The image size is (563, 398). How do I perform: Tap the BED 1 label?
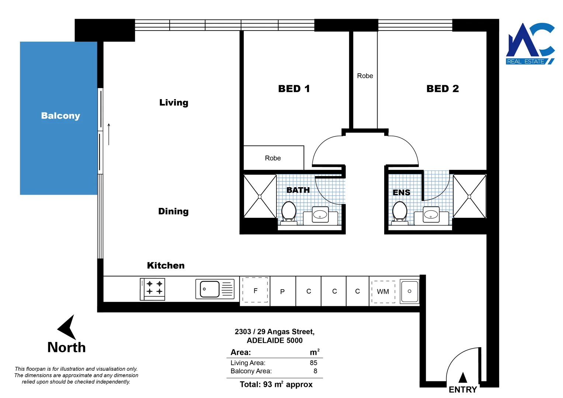tap(294, 89)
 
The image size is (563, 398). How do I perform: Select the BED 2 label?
tap(442, 89)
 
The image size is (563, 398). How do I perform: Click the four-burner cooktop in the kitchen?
tap(153, 289)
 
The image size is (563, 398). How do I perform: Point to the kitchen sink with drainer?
tap(215, 289)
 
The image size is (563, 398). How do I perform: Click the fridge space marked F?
tap(255, 290)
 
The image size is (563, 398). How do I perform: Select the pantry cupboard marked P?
tap(282, 291)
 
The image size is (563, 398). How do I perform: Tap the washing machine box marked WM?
tap(383, 291)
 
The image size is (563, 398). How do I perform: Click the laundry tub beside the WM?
tap(409, 291)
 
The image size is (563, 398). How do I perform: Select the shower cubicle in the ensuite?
tap(469, 196)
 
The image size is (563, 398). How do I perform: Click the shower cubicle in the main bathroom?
tap(260, 196)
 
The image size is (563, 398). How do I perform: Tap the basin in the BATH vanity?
tap(320, 214)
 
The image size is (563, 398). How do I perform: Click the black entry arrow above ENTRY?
tap(463, 378)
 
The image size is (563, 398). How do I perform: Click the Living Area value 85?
tap(313, 363)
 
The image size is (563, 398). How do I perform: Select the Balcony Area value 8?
tap(315, 371)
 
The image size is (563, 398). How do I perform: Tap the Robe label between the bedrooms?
tap(365, 76)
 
